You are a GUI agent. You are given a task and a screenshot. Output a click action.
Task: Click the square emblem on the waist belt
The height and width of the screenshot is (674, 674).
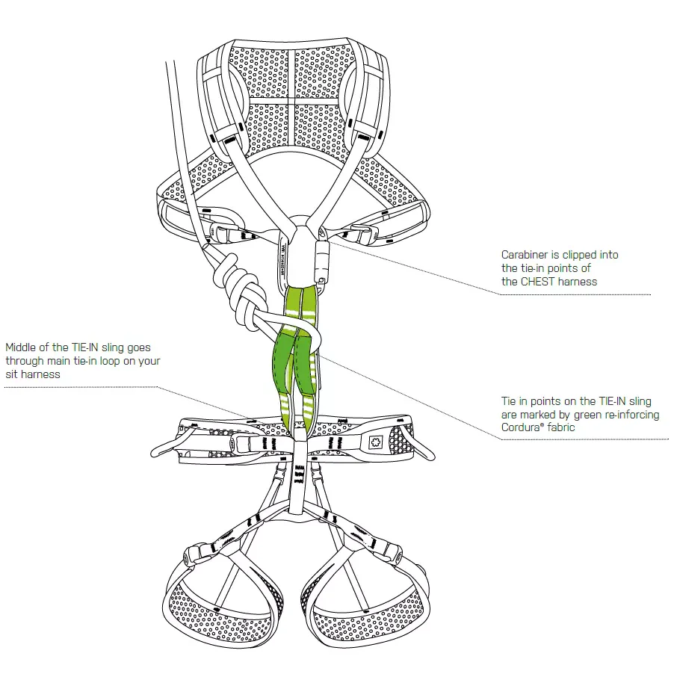click(375, 442)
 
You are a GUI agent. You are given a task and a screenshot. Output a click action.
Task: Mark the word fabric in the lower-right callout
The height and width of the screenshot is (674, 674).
click(560, 427)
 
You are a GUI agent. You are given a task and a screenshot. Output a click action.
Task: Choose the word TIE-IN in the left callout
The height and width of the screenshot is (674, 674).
click(85, 347)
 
